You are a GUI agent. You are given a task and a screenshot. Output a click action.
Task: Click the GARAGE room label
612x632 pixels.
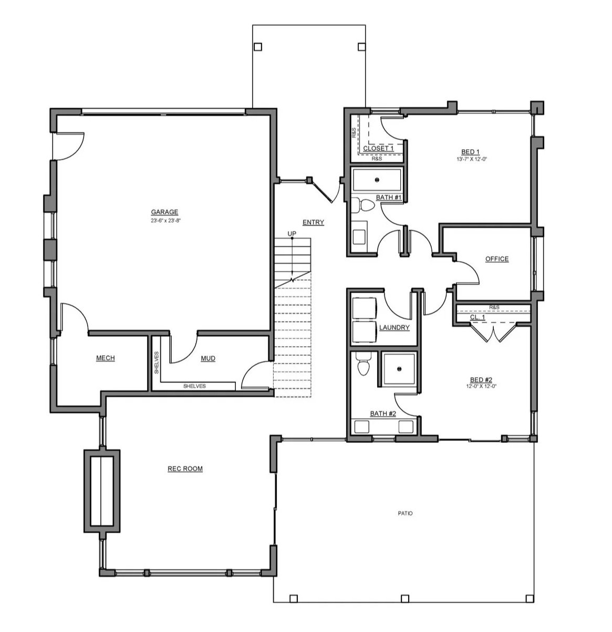click(164, 212)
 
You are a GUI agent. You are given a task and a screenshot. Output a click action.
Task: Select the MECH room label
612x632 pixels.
click(105, 358)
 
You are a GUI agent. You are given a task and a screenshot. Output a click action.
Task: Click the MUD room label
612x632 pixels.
click(208, 358)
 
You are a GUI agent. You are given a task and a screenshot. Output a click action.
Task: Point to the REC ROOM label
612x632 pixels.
click(185, 469)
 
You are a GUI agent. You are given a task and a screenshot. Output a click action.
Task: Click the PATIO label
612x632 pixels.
click(405, 513)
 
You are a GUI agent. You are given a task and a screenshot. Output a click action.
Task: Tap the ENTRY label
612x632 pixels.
click(313, 222)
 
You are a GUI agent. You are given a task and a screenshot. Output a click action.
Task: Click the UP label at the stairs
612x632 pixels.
click(292, 233)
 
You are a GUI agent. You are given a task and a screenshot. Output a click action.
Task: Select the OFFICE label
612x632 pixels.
click(497, 259)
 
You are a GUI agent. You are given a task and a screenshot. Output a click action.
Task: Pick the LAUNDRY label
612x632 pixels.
click(394, 327)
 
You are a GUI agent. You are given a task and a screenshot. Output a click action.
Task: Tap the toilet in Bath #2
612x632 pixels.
click(362, 365)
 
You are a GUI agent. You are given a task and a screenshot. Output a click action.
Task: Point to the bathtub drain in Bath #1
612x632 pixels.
click(377, 179)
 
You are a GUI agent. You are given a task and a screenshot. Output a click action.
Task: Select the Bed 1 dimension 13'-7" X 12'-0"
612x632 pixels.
click(472, 159)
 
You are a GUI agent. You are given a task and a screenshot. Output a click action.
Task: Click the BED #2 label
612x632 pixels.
click(481, 380)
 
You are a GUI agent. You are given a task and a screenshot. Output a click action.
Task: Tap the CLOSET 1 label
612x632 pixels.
click(378, 149)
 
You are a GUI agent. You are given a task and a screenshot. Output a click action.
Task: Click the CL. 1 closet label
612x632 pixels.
click(478, 317)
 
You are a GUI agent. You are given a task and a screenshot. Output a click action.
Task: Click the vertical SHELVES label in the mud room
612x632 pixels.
click(157, 362)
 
